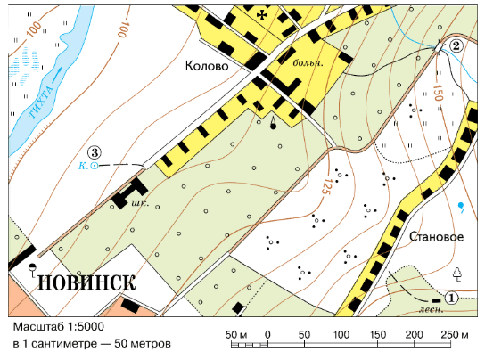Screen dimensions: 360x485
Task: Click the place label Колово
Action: point(207,67)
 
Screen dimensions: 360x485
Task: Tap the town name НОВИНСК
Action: point(86,282)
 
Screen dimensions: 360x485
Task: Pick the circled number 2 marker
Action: point(456,46)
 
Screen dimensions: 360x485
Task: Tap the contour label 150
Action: point(437,90)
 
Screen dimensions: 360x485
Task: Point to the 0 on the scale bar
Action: point(268,334)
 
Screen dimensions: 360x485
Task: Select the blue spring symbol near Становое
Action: point(461,207)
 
